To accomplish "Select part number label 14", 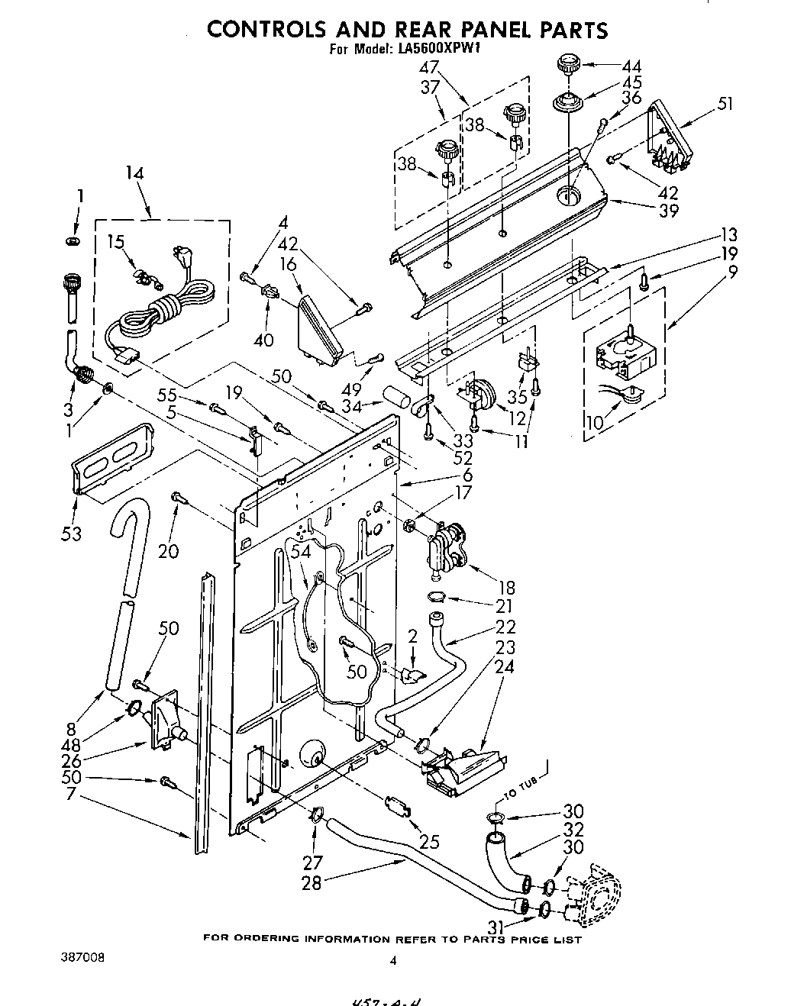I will click(x=134, y=173).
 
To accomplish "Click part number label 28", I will click(x=312, y=882).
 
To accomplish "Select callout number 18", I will click(x=505, y=588).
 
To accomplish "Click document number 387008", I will click(x=85, y=956).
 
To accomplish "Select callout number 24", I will click(x=505, y=666).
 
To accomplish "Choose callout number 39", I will click(x=668, y=211).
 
